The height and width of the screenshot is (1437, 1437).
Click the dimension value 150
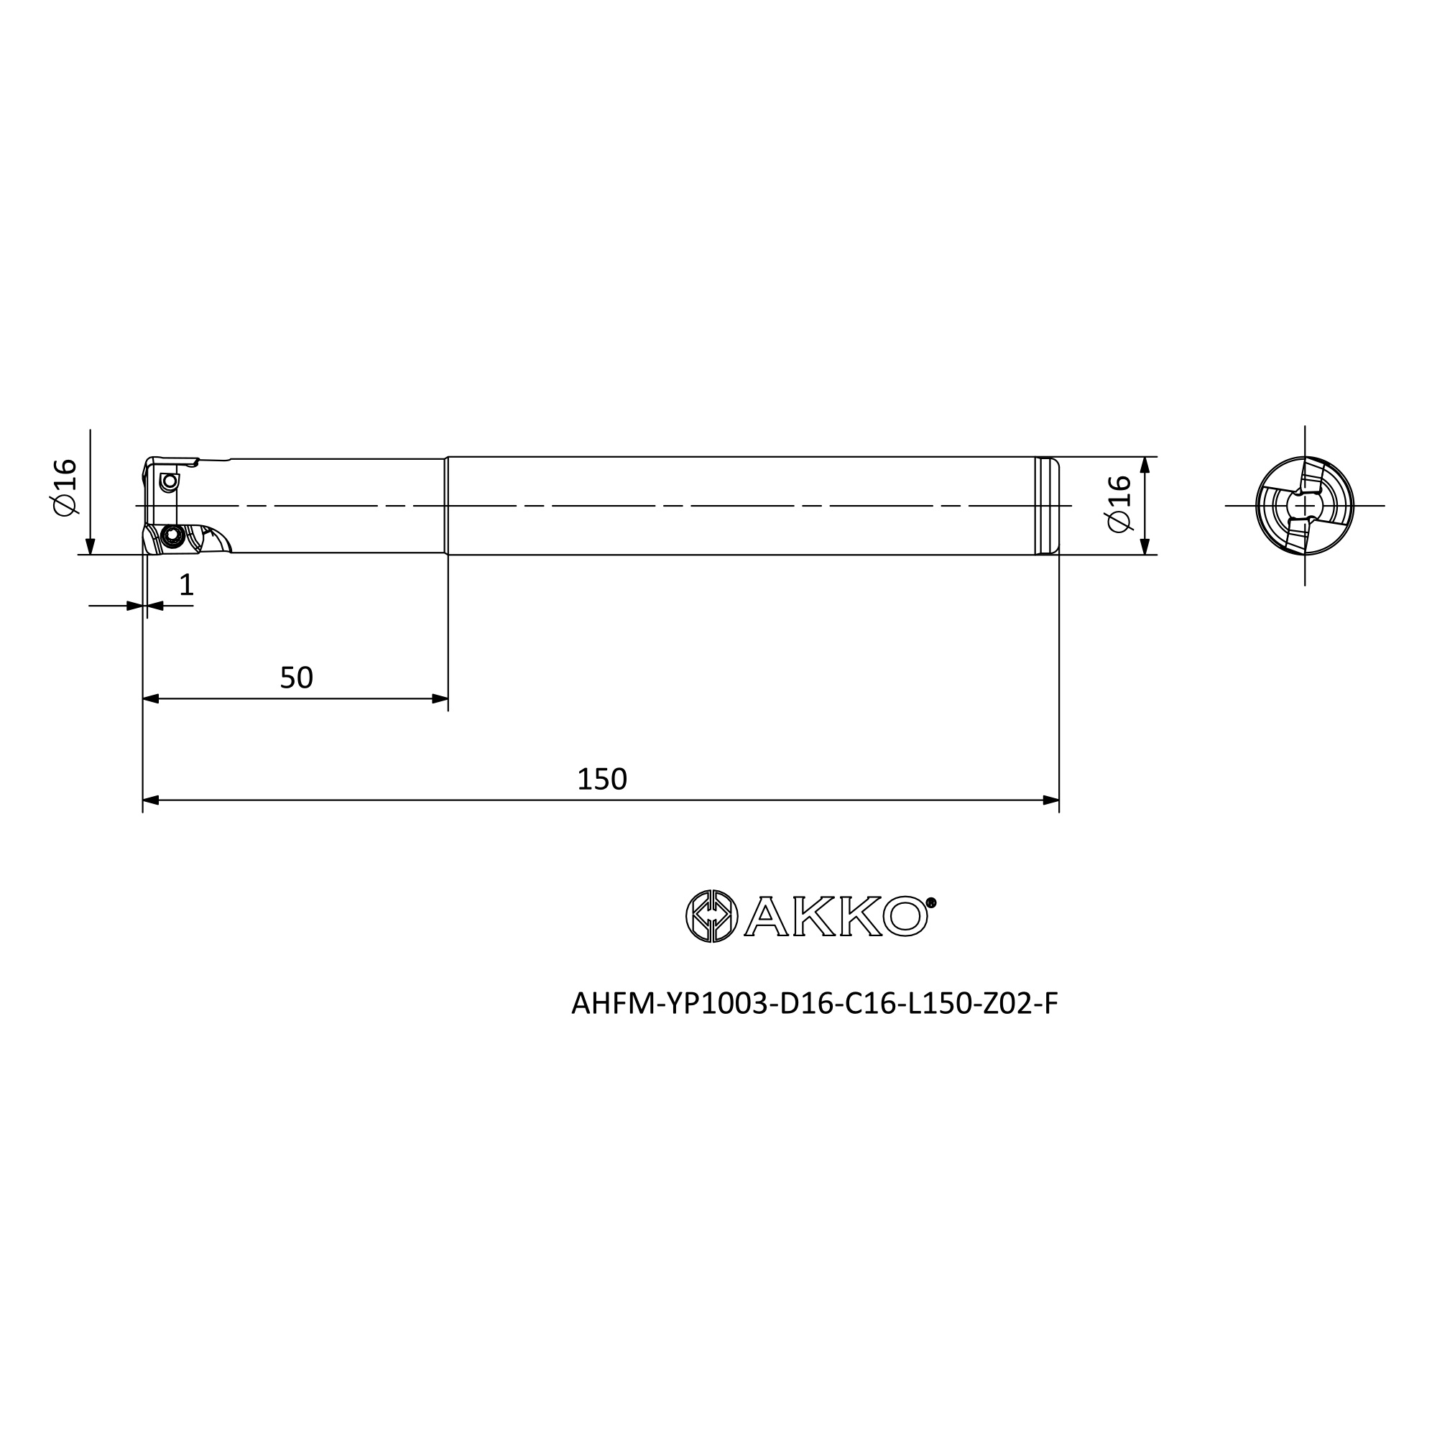(x=601, y=780)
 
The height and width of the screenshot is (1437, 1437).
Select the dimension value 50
(x=296, y=678)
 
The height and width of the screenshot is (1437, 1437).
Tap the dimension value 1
(x=187, y=585)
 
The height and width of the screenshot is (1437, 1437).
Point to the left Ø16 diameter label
(x=65, y=486)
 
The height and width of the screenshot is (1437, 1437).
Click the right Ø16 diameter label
(x=1119, y=504)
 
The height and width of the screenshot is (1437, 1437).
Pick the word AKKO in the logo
(x=836, y=916)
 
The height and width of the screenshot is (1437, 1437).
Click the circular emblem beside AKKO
(x=711, y=915)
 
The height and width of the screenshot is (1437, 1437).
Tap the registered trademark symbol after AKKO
(x=932, y=903)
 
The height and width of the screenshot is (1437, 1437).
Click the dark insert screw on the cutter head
(x=173, y=535)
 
